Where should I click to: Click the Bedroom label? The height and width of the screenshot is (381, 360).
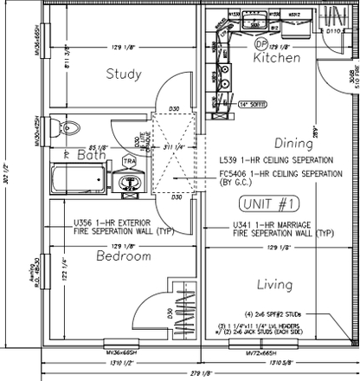tap(124, 257)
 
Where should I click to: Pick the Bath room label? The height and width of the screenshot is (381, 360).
tap(91, 156)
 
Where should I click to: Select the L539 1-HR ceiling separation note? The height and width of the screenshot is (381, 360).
tap(275, 161)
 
